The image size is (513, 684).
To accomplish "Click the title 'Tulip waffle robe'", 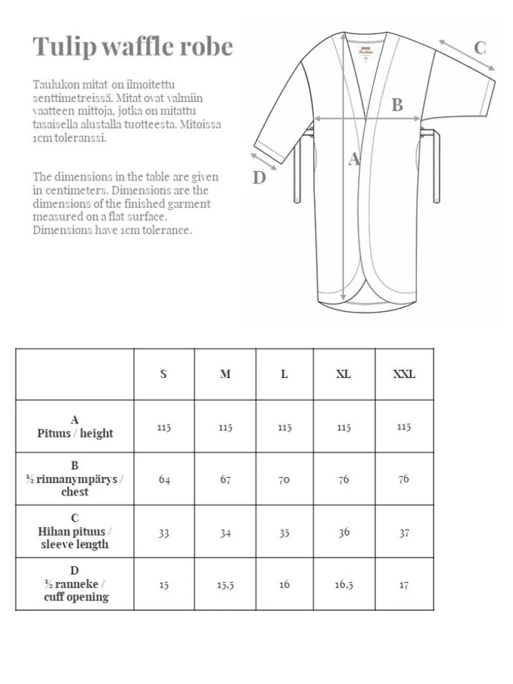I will tap(133, 47).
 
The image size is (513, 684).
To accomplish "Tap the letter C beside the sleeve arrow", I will tap(480, 48).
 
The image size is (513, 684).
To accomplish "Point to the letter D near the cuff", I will tap(259, 177).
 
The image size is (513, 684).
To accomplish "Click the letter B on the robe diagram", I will tap(397, 105).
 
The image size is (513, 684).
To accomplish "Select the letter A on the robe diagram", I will tap(354, 159).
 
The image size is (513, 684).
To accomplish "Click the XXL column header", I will tap(404, 374).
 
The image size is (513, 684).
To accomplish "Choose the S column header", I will tap(163, 374).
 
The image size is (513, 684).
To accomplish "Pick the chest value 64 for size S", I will tap(164, 479).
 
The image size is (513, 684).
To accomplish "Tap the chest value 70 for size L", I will tap(284, 479).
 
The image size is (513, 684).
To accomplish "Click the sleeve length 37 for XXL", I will tap(404, 532).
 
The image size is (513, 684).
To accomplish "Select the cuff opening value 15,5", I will tap(225, 585).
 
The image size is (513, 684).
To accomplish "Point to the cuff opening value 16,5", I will tap(344, 585).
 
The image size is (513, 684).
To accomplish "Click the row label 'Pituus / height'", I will tap(75, 433).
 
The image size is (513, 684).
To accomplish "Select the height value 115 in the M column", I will tap(225, 427).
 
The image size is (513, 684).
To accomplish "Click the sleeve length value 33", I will tap(164, 532).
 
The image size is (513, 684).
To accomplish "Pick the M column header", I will tap(225, 374).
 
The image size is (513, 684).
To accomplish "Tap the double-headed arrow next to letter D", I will tap(263, 160).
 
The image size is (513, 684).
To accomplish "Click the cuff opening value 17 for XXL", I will tap(404, 585).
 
